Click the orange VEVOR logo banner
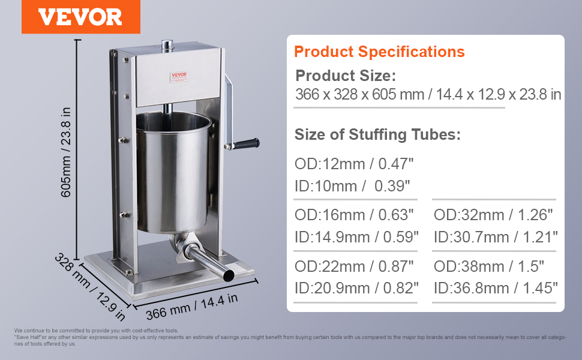[x=81, y=17]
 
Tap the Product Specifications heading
[x=379, y=52]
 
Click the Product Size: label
[x=346, y=76]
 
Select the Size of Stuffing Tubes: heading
[x=377, y=134]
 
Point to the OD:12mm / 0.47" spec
[x=354, y=164]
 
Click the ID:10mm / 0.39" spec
[x=352, y=186]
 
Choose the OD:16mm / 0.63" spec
[x=354, y=215]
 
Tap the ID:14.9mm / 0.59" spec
[x=356, y=237]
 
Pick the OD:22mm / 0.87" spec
[x=354, y=266]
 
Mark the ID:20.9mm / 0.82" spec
[x=356, y=288]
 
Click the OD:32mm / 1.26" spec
[x=493, y=215]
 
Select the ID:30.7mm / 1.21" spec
[x=496, y=237]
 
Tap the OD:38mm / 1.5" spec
[x=488, y=266]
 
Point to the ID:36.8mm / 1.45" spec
[x=496, y=288]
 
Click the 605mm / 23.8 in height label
[x=65, y=152]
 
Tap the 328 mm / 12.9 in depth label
[x=90, y=287]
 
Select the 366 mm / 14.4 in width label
[x=191, y=307]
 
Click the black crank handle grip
[x=246, y=143]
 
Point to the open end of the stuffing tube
[x=228, y=276]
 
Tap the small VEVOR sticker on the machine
[x=179, y=76]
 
